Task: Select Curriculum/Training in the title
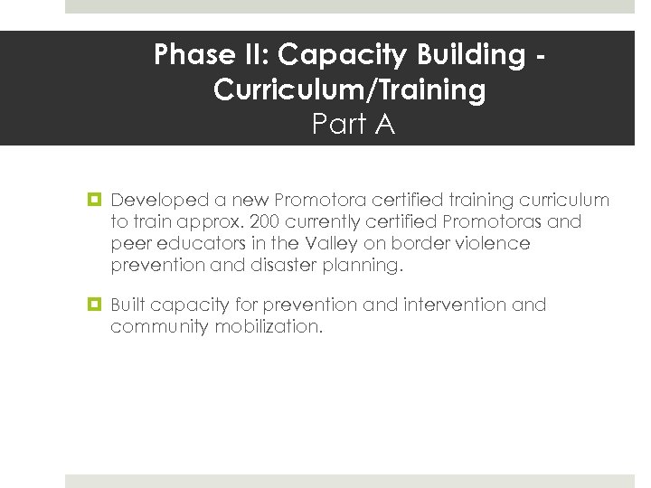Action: click(x=350, y=89)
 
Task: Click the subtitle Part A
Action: click(x=354, y=124)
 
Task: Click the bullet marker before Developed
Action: click(x=94, y=200)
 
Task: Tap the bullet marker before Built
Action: click(x=94, y=305)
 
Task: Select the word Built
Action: click(x=127, y=305)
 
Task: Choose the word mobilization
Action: click(x=269, y=326)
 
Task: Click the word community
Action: click(x=159, y=327)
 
